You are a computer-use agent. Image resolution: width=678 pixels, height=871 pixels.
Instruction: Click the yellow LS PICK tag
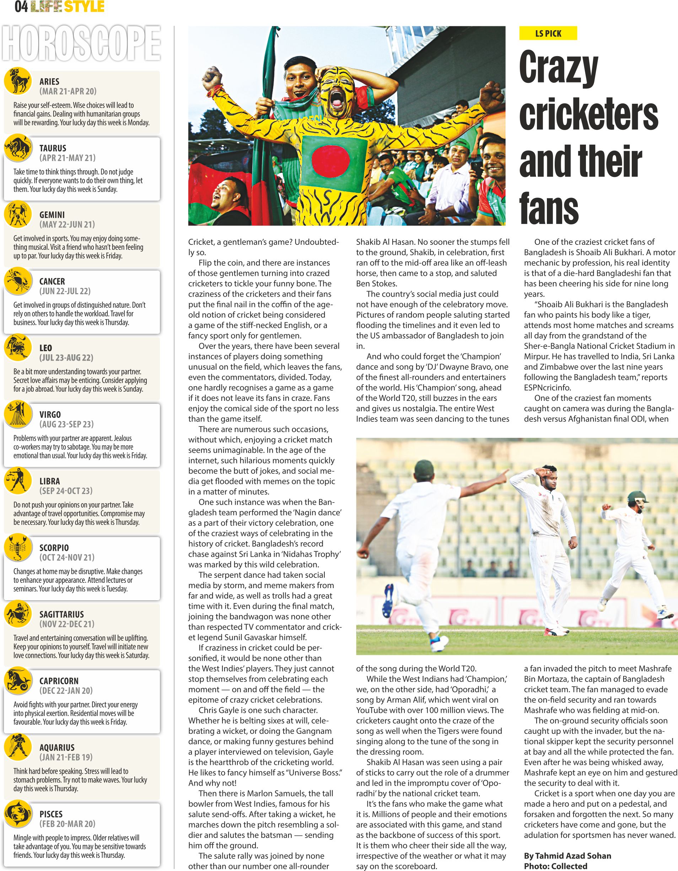tap(548, 33)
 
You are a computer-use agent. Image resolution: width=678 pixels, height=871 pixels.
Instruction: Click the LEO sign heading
tap(46, 348)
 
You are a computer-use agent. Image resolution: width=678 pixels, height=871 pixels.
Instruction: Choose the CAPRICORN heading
tap(59, 681)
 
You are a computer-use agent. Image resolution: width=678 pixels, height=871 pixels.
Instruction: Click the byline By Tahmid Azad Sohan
tap(567, 856)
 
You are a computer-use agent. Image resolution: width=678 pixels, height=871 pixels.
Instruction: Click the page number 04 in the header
tap(21, 7)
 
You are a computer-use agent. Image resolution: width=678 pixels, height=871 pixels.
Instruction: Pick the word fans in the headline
tap(549, 208)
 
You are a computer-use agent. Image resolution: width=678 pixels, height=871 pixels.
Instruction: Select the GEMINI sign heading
tap(52, 215)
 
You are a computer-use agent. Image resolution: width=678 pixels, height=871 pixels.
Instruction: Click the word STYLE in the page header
tap(85, 7)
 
